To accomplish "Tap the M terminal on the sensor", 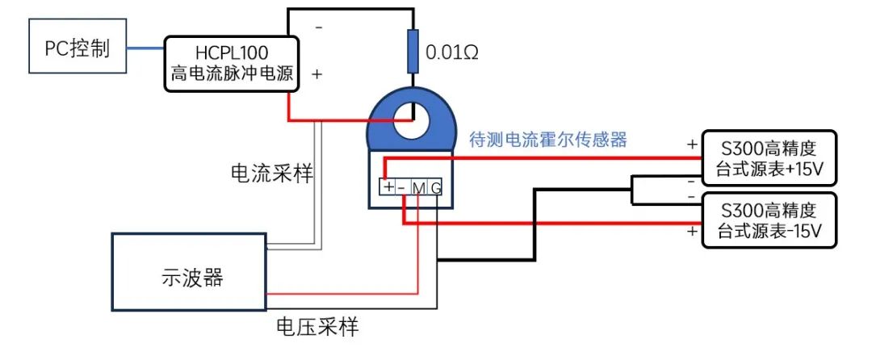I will (418, 187).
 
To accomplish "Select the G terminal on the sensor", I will (435, 187).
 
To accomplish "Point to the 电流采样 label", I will (271, 173).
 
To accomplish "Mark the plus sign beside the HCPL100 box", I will (317, 73).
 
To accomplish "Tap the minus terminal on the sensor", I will (402, 187).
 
